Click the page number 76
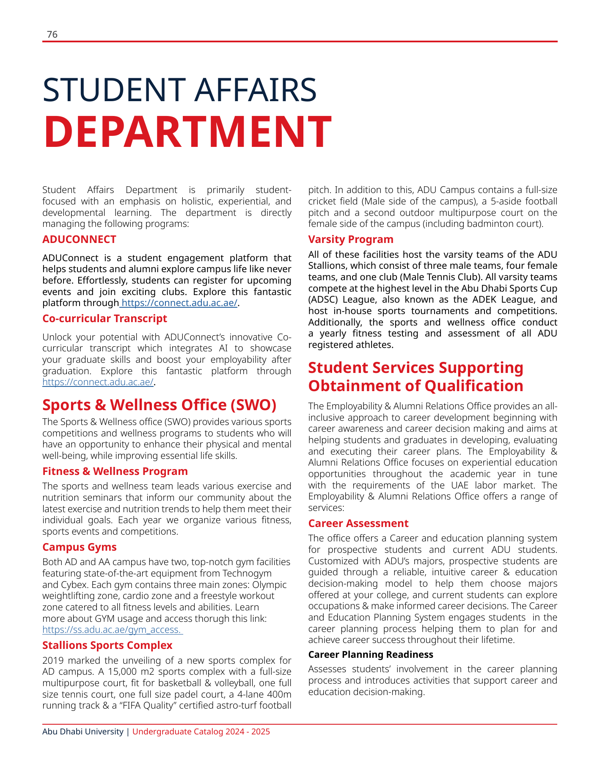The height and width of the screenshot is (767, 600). (x=52, y=35)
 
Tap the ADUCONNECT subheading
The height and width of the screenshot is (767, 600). (x=79, y=240)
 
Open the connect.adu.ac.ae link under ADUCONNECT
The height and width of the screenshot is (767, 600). (x=179, y=303)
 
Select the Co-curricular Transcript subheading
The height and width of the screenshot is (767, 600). (x=105, y=319)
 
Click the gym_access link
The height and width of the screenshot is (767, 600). (x=112, y=630)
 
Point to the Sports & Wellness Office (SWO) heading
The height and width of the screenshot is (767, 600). (x=159, y=405)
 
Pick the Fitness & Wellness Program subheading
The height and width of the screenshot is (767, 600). (x=115, y=472)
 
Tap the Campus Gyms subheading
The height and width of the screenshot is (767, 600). (x=79, y=547)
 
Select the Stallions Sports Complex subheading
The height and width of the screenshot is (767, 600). (x=107, y=646)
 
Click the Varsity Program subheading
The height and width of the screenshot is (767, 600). (x=350, y=240)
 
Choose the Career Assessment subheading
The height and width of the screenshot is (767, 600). (x=358, y=524)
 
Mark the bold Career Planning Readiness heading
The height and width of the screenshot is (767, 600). (x=370, y=655)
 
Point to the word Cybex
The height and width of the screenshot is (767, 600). (x=73, y=585)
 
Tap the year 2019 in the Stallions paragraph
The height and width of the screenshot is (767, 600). (x=53, y=661)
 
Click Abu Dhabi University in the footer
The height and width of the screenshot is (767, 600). (x=83, y=732)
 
